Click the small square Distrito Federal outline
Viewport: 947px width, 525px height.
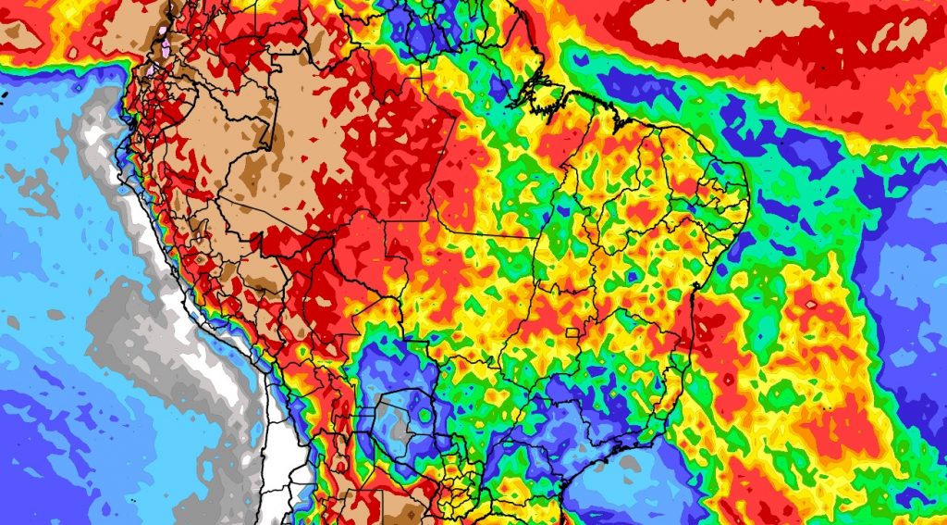click(575, 331)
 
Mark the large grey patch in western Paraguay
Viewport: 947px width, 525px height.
click(400, 428)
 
